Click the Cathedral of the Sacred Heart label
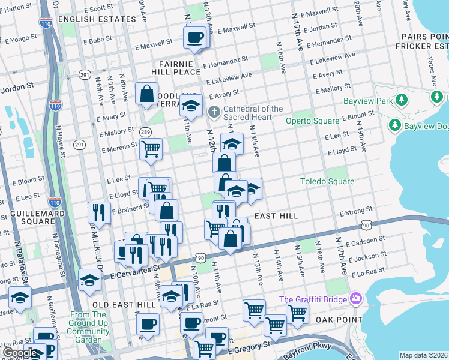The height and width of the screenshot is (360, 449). pos(253,113)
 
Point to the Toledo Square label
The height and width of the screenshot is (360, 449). pos(327,181)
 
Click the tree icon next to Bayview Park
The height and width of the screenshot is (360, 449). pos(395,124)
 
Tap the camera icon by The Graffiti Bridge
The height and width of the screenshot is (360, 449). pos(357,298)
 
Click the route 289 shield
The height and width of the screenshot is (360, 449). pos(145,131)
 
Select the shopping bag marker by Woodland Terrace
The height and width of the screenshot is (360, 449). pos(146,93)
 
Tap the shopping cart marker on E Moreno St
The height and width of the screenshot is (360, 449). pos(151,148)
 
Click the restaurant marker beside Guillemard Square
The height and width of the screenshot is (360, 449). pos(98,211)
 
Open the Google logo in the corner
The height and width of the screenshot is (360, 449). pos(19,353)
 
